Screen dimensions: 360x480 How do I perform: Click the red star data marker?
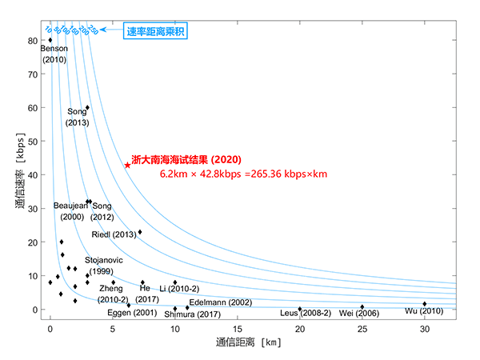click(127, 166)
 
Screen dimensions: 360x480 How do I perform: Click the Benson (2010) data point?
click(50, 40)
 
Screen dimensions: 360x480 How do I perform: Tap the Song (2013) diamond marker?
click(88, 107)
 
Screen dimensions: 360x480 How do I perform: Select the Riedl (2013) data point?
click(140, 232)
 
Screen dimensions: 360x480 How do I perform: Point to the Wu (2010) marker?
click(425, 304)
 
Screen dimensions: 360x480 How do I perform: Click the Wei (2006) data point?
click(362, 307)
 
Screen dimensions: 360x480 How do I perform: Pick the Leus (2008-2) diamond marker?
click(300, 309)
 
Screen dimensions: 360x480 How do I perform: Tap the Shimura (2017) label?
click(192, 314)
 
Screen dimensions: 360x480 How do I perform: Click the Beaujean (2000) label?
click(69, 211)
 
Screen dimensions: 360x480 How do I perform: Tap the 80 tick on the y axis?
click(31, 40)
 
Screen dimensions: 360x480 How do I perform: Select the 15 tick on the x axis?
click(238, 328)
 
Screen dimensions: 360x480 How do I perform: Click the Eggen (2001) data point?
click(129, 305)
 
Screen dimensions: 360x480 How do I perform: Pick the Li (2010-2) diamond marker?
click(175, 282)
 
